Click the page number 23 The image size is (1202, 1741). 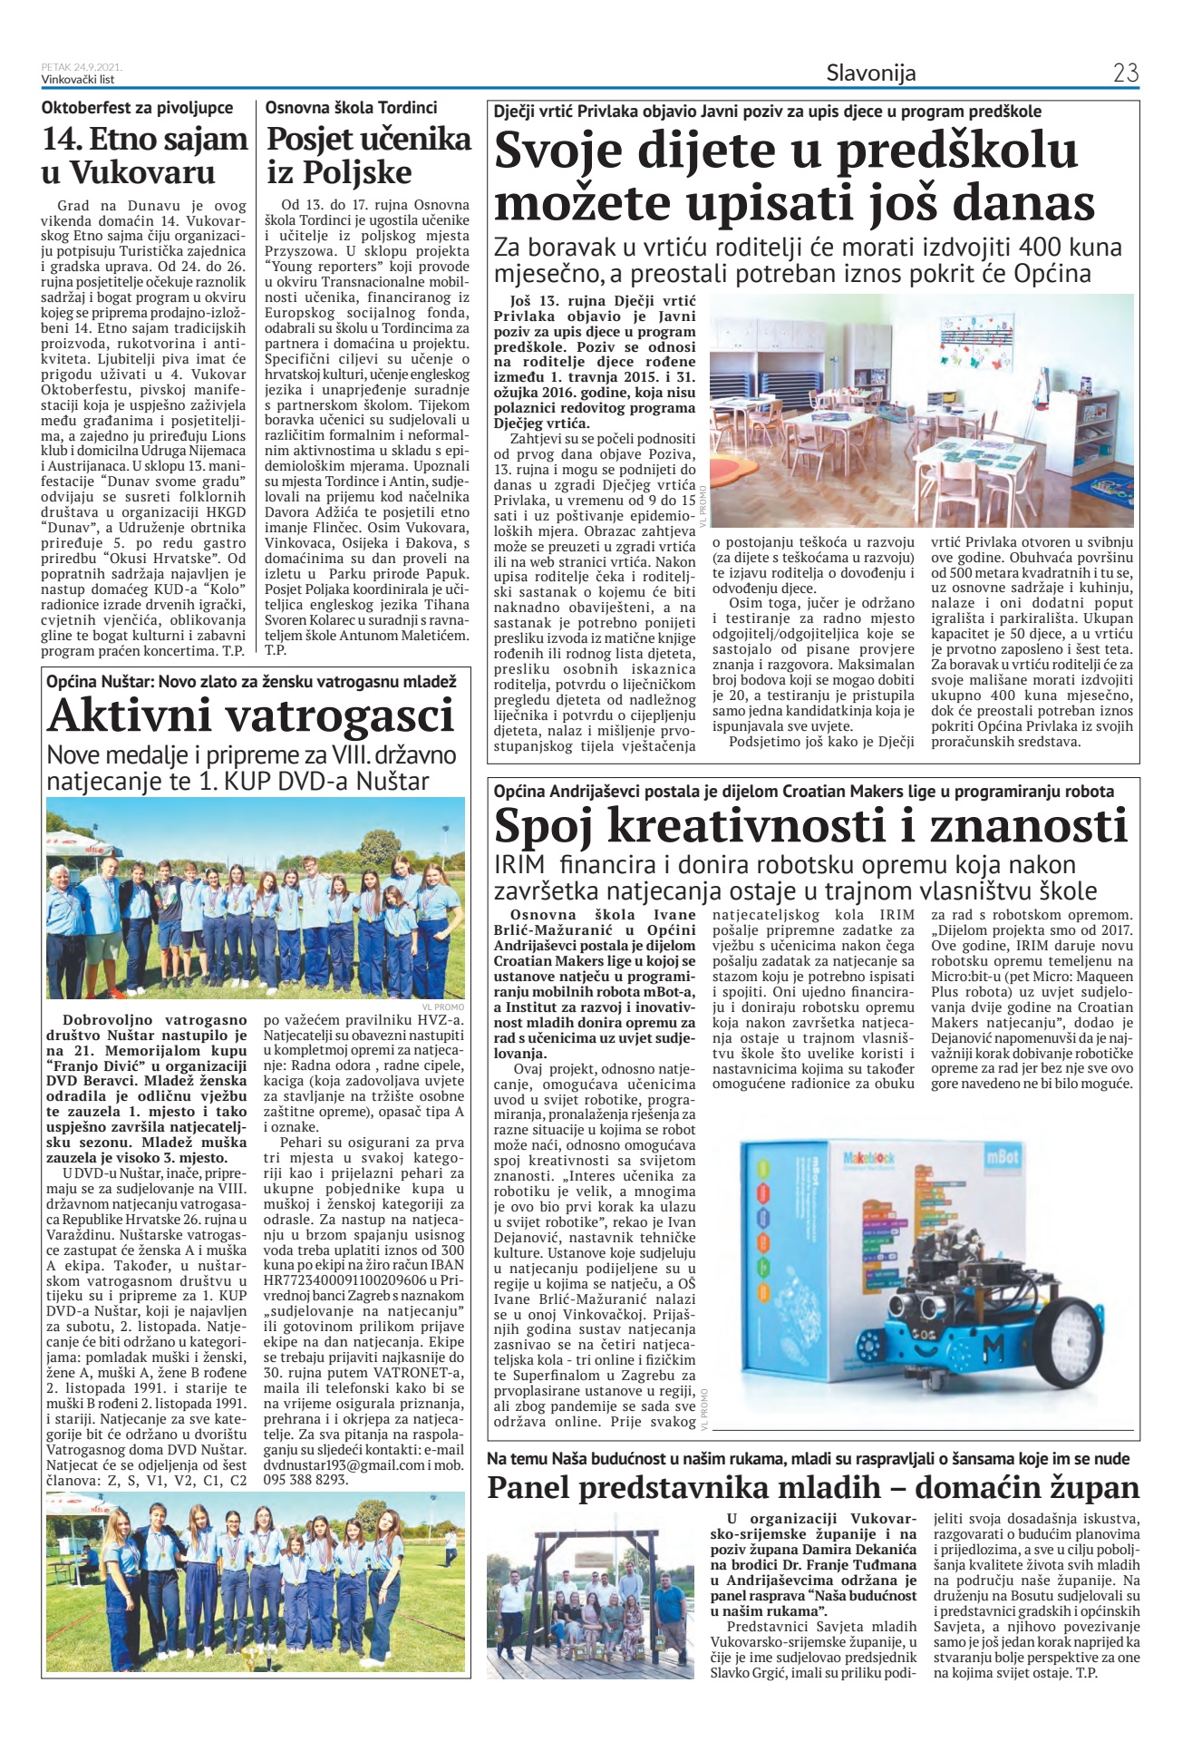point(1125,73)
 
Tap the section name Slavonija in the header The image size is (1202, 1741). point(870,73)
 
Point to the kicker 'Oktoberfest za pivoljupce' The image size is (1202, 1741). point(137,108)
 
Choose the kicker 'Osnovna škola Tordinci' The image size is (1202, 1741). point(351,108)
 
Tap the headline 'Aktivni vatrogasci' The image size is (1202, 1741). point(250,715)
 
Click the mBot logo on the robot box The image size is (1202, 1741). point(1002,1158)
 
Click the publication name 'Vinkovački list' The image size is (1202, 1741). point(78,80)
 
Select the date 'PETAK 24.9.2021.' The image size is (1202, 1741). point(82,67)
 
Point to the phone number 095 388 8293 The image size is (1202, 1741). point(305,1479)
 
